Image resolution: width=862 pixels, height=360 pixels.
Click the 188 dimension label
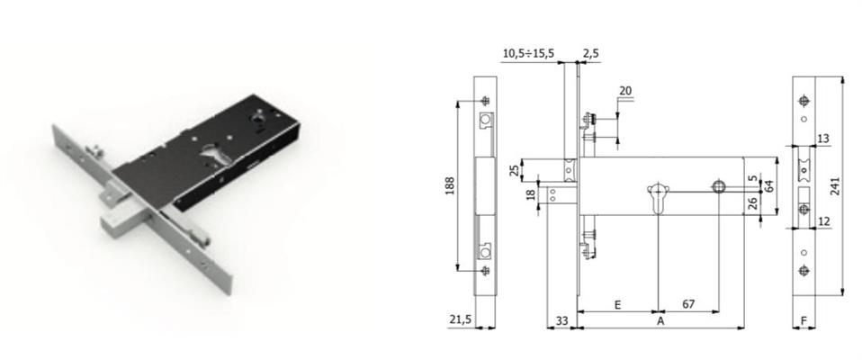449,187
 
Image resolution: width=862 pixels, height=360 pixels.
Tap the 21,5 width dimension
460,319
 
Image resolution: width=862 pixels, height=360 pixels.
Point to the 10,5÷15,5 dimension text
528,53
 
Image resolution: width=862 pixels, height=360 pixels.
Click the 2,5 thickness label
591,53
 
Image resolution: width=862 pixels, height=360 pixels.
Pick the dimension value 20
625,91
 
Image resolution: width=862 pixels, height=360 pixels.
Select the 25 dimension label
514,170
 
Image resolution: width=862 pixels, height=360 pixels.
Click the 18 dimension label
531,194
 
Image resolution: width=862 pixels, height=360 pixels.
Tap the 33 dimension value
561,319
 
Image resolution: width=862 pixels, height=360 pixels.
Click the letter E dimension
617,304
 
